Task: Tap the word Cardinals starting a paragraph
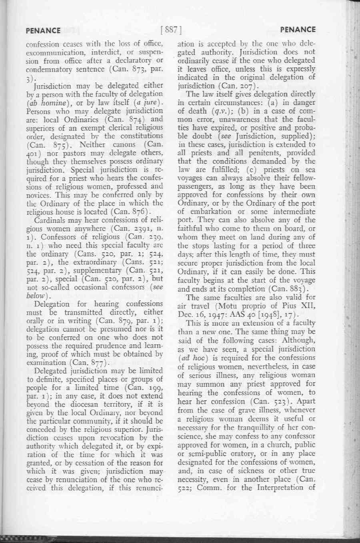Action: click(x=50, y=220)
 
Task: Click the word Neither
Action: click(x=93, y=144)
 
